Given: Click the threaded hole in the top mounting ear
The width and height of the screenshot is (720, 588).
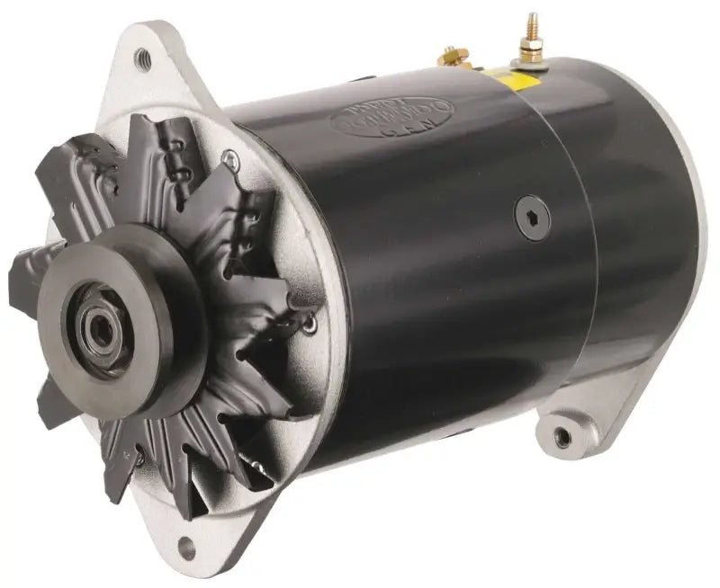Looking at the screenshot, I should (142, 59).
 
